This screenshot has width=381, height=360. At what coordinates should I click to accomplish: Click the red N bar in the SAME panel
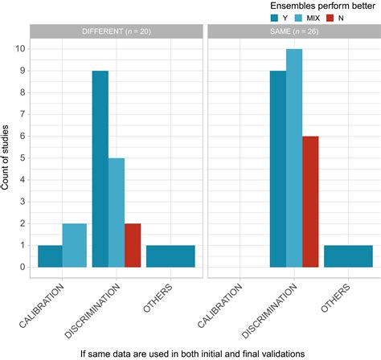pyautogui.click(x=309, y=202)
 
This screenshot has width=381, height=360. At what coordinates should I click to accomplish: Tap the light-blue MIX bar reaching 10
pyautogui.click(x=293, y=157)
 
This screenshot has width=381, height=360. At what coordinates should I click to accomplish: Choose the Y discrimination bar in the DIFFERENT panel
pyautogui.click(x=100, y=169)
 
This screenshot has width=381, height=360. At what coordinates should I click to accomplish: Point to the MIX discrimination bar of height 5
pyautogui.click(x=117, y=212)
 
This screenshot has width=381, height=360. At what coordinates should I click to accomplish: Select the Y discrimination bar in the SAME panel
pyautogui.click(x=277, y=169)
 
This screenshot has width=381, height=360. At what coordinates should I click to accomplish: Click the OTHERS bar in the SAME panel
pyautogui.click(x=348, y=256)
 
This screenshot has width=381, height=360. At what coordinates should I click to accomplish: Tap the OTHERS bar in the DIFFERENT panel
pyautogui.click(x=171, y=256)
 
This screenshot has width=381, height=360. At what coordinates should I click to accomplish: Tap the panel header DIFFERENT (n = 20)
pyautogui.click(x=116, y=31)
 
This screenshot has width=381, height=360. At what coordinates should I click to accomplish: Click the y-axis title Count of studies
pyautogui.click(x=6, y=156)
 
